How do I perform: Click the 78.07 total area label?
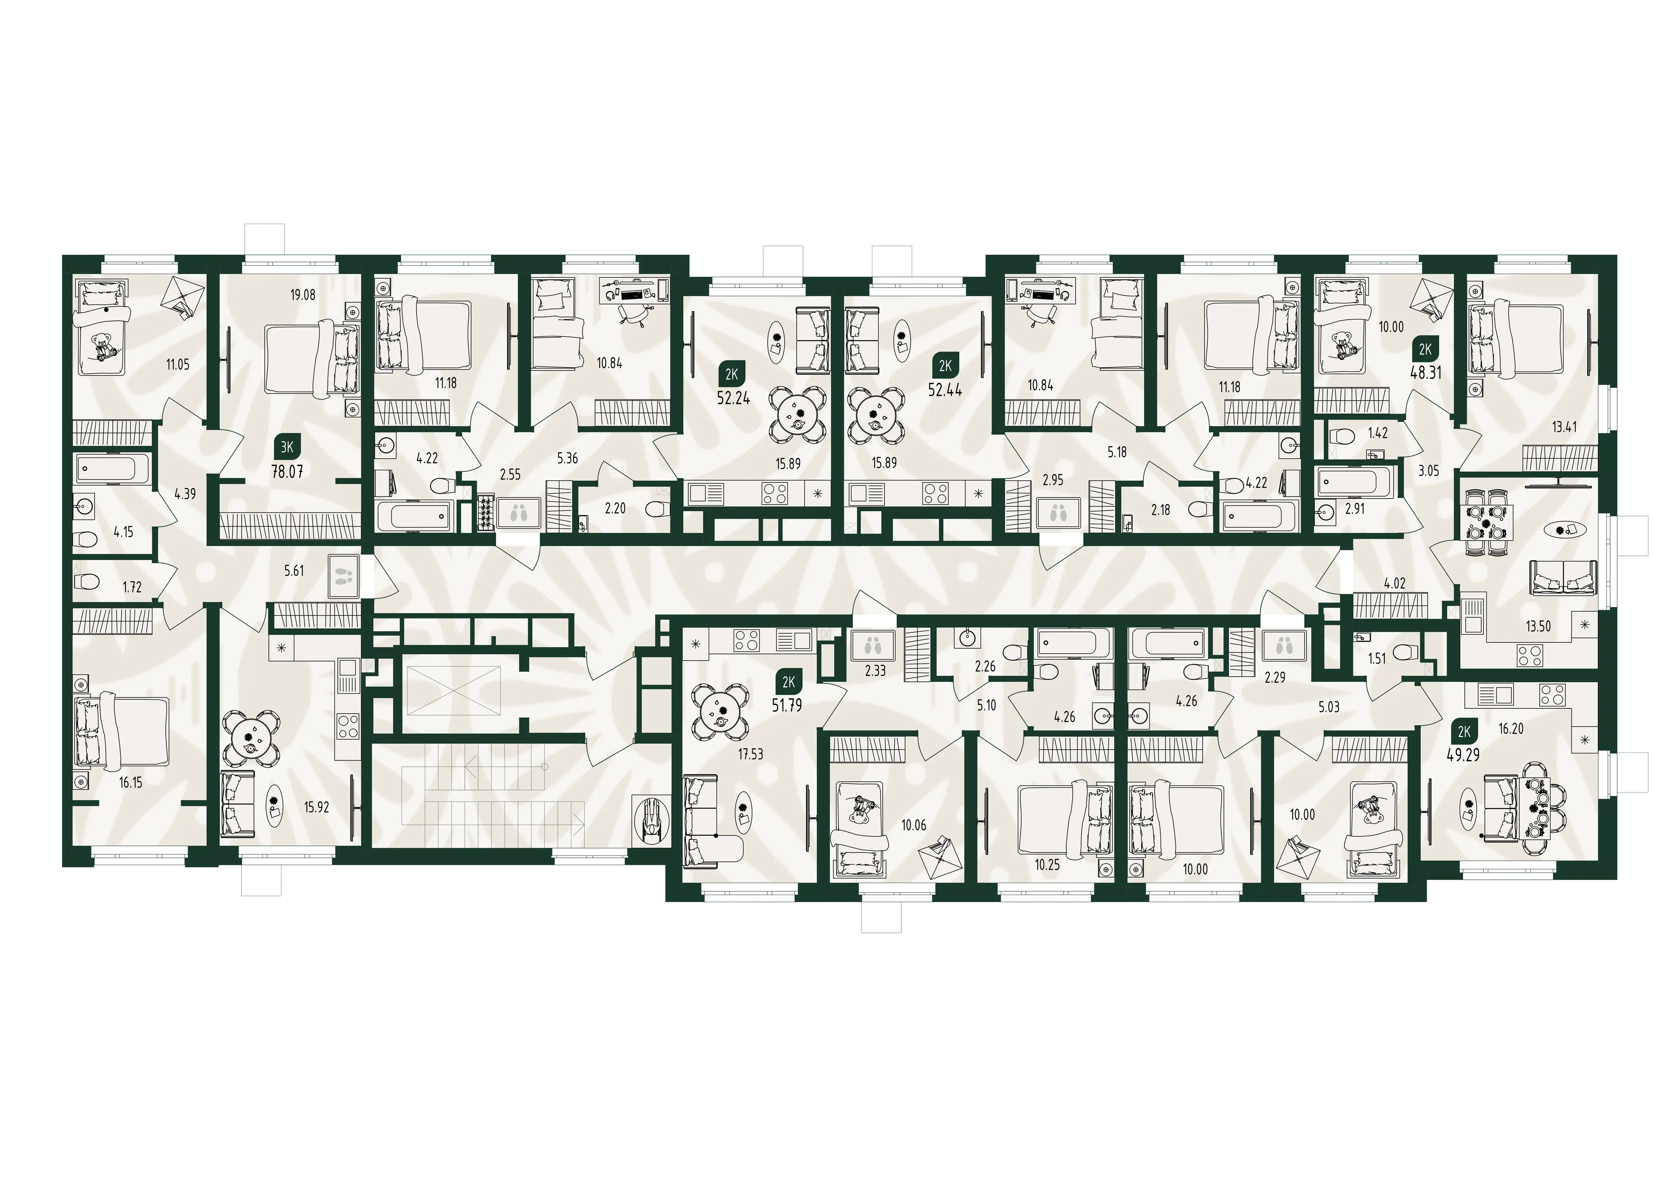point(287,472)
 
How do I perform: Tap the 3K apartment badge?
point(287,446)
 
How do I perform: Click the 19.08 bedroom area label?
point(302,295)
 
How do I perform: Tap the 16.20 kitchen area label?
point(1510,728)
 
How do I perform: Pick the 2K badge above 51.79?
point(788,682)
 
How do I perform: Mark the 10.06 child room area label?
point(913,825)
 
